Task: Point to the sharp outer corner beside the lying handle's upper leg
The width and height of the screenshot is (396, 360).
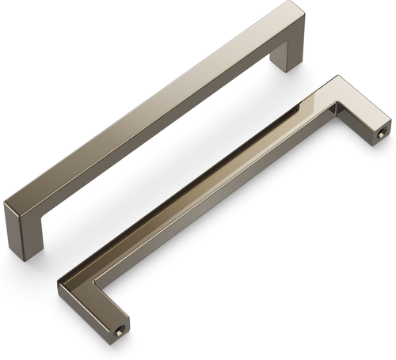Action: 339,77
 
